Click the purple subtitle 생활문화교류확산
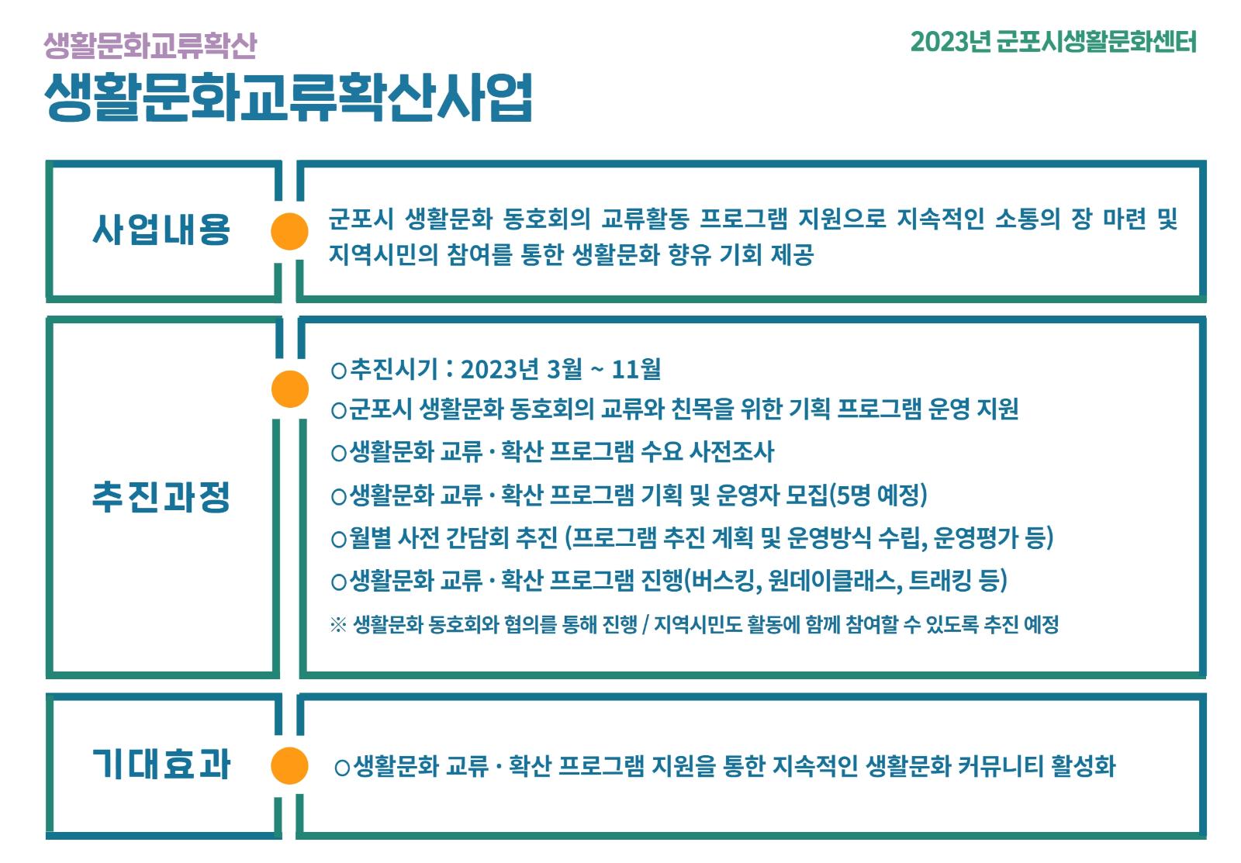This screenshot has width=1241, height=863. tap(150, 46)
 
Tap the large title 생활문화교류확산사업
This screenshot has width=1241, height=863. tap(288, 98)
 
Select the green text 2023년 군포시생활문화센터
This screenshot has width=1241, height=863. tap(1053, 42)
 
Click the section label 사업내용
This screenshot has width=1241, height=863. tap(161, 229)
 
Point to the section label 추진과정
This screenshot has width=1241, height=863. tap(161, 497)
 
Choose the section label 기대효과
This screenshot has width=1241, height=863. tap(161, 764)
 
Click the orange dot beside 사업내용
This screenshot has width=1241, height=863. tap(289, 232)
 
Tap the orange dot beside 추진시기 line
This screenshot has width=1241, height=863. tap(290, 388)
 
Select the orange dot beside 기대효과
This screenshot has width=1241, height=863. tap(289, 765)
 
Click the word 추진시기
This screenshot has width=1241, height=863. tap(394, 369)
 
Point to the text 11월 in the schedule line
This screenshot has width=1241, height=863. tap(636, 369)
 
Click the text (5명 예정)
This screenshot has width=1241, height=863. tap(878, 495)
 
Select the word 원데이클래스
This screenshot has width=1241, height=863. tap(835, 581)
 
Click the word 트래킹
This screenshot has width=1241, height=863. tap(940, 581)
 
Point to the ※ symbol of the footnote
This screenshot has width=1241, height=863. tap(338, 625)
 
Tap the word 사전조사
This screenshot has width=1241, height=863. tap(731, 451)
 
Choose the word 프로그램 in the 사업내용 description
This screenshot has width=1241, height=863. tap(743, 218)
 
